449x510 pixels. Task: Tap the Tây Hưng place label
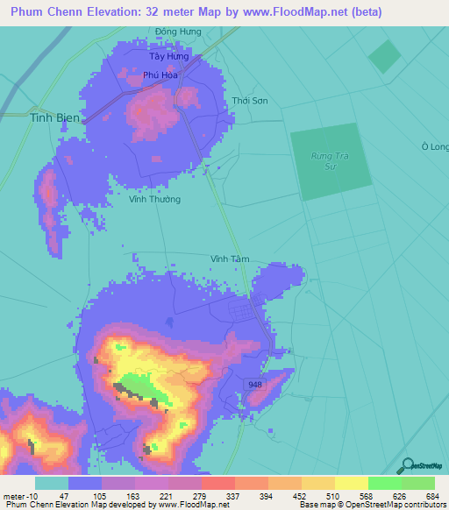pos(167,56)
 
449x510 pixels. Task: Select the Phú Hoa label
pos(160,75)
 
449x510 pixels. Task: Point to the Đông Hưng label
pos(178,32)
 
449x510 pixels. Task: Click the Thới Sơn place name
pos(250,101)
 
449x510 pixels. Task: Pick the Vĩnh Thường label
pos(154,199)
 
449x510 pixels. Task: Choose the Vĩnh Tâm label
pos(230,259)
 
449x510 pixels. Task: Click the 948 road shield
pos(255,385)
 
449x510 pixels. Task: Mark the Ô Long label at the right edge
pos(435,146)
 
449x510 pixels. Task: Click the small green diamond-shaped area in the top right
pos(383,57)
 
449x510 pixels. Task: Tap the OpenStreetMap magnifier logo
pos(406,466)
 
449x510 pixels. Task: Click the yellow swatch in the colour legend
pos(351,483)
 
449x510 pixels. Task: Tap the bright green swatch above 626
pos(384,483)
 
